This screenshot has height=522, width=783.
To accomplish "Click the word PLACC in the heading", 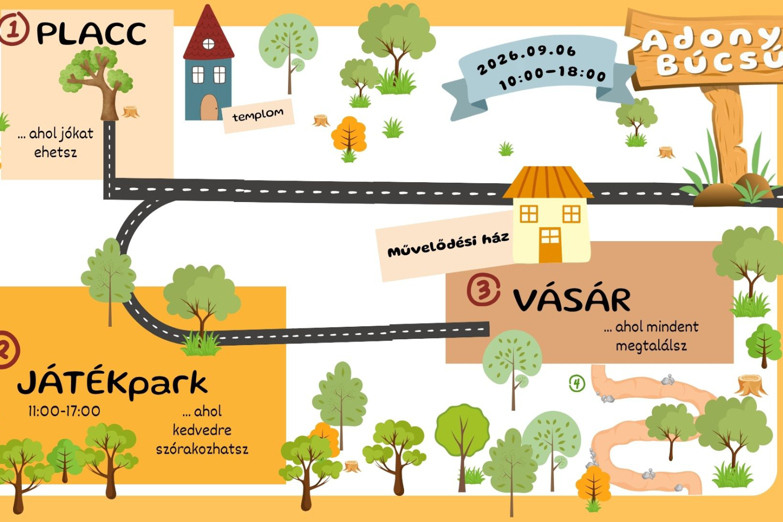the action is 91,33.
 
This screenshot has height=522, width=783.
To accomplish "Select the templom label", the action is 258,115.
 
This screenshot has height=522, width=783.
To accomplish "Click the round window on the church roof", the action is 208,44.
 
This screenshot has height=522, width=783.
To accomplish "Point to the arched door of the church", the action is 209,108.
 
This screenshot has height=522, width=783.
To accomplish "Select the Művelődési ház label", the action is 448,245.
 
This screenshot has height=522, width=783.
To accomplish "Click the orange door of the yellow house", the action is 550,245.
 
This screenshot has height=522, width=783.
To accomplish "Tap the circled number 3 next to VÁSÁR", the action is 483,290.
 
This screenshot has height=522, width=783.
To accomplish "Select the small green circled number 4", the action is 577,384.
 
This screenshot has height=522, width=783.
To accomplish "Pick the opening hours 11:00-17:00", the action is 64,411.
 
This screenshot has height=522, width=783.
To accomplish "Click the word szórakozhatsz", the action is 202,449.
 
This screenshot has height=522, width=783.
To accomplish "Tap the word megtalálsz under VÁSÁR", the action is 651,346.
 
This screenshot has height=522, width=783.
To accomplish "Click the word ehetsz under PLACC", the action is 55,152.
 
